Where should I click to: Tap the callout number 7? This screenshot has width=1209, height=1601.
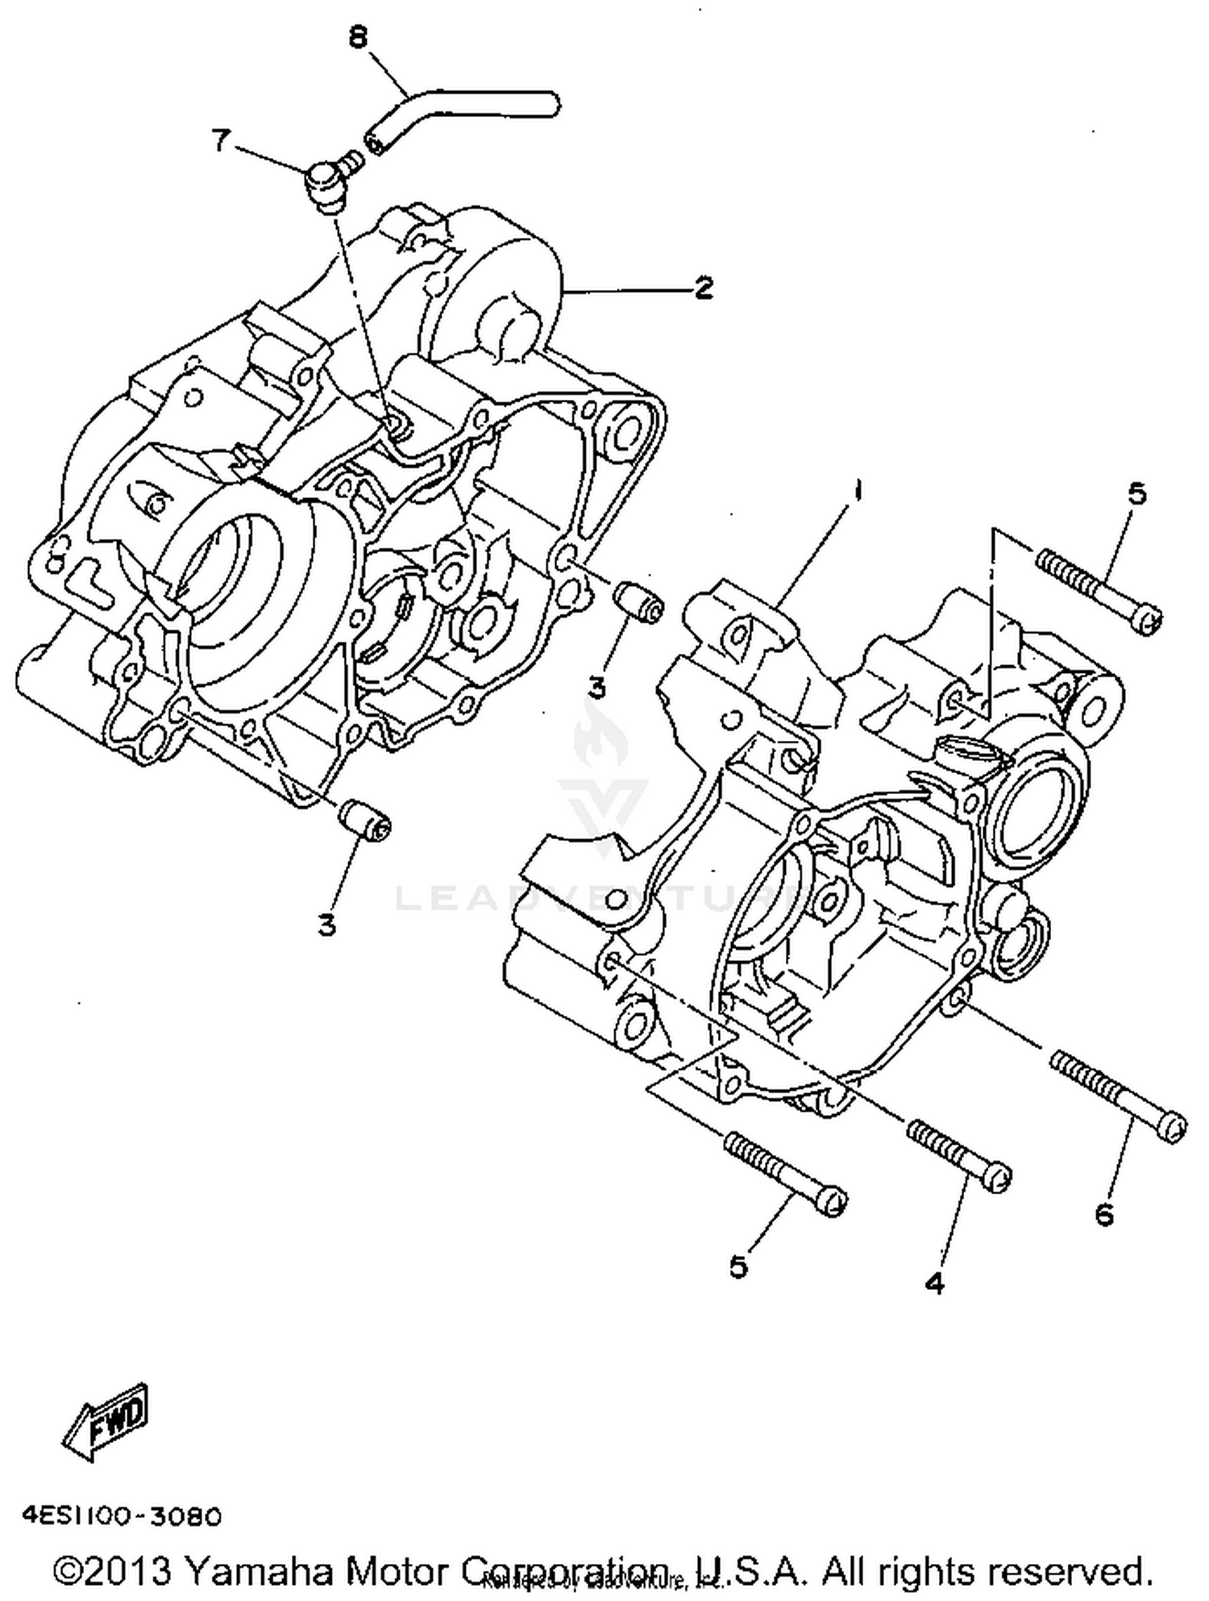(x=220, y=141)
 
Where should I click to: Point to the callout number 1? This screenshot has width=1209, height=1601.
(x=859, y=490)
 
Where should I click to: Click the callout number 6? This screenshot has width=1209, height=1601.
(x=1104, y=1213)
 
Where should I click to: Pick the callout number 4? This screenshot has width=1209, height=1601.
(x=934, y=1283)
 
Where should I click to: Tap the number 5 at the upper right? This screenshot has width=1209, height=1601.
(x=1136, y=493)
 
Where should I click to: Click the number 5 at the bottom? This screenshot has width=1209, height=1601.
(x=738, y=1266)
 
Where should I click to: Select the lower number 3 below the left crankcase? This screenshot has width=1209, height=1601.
(x=326, y=925)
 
